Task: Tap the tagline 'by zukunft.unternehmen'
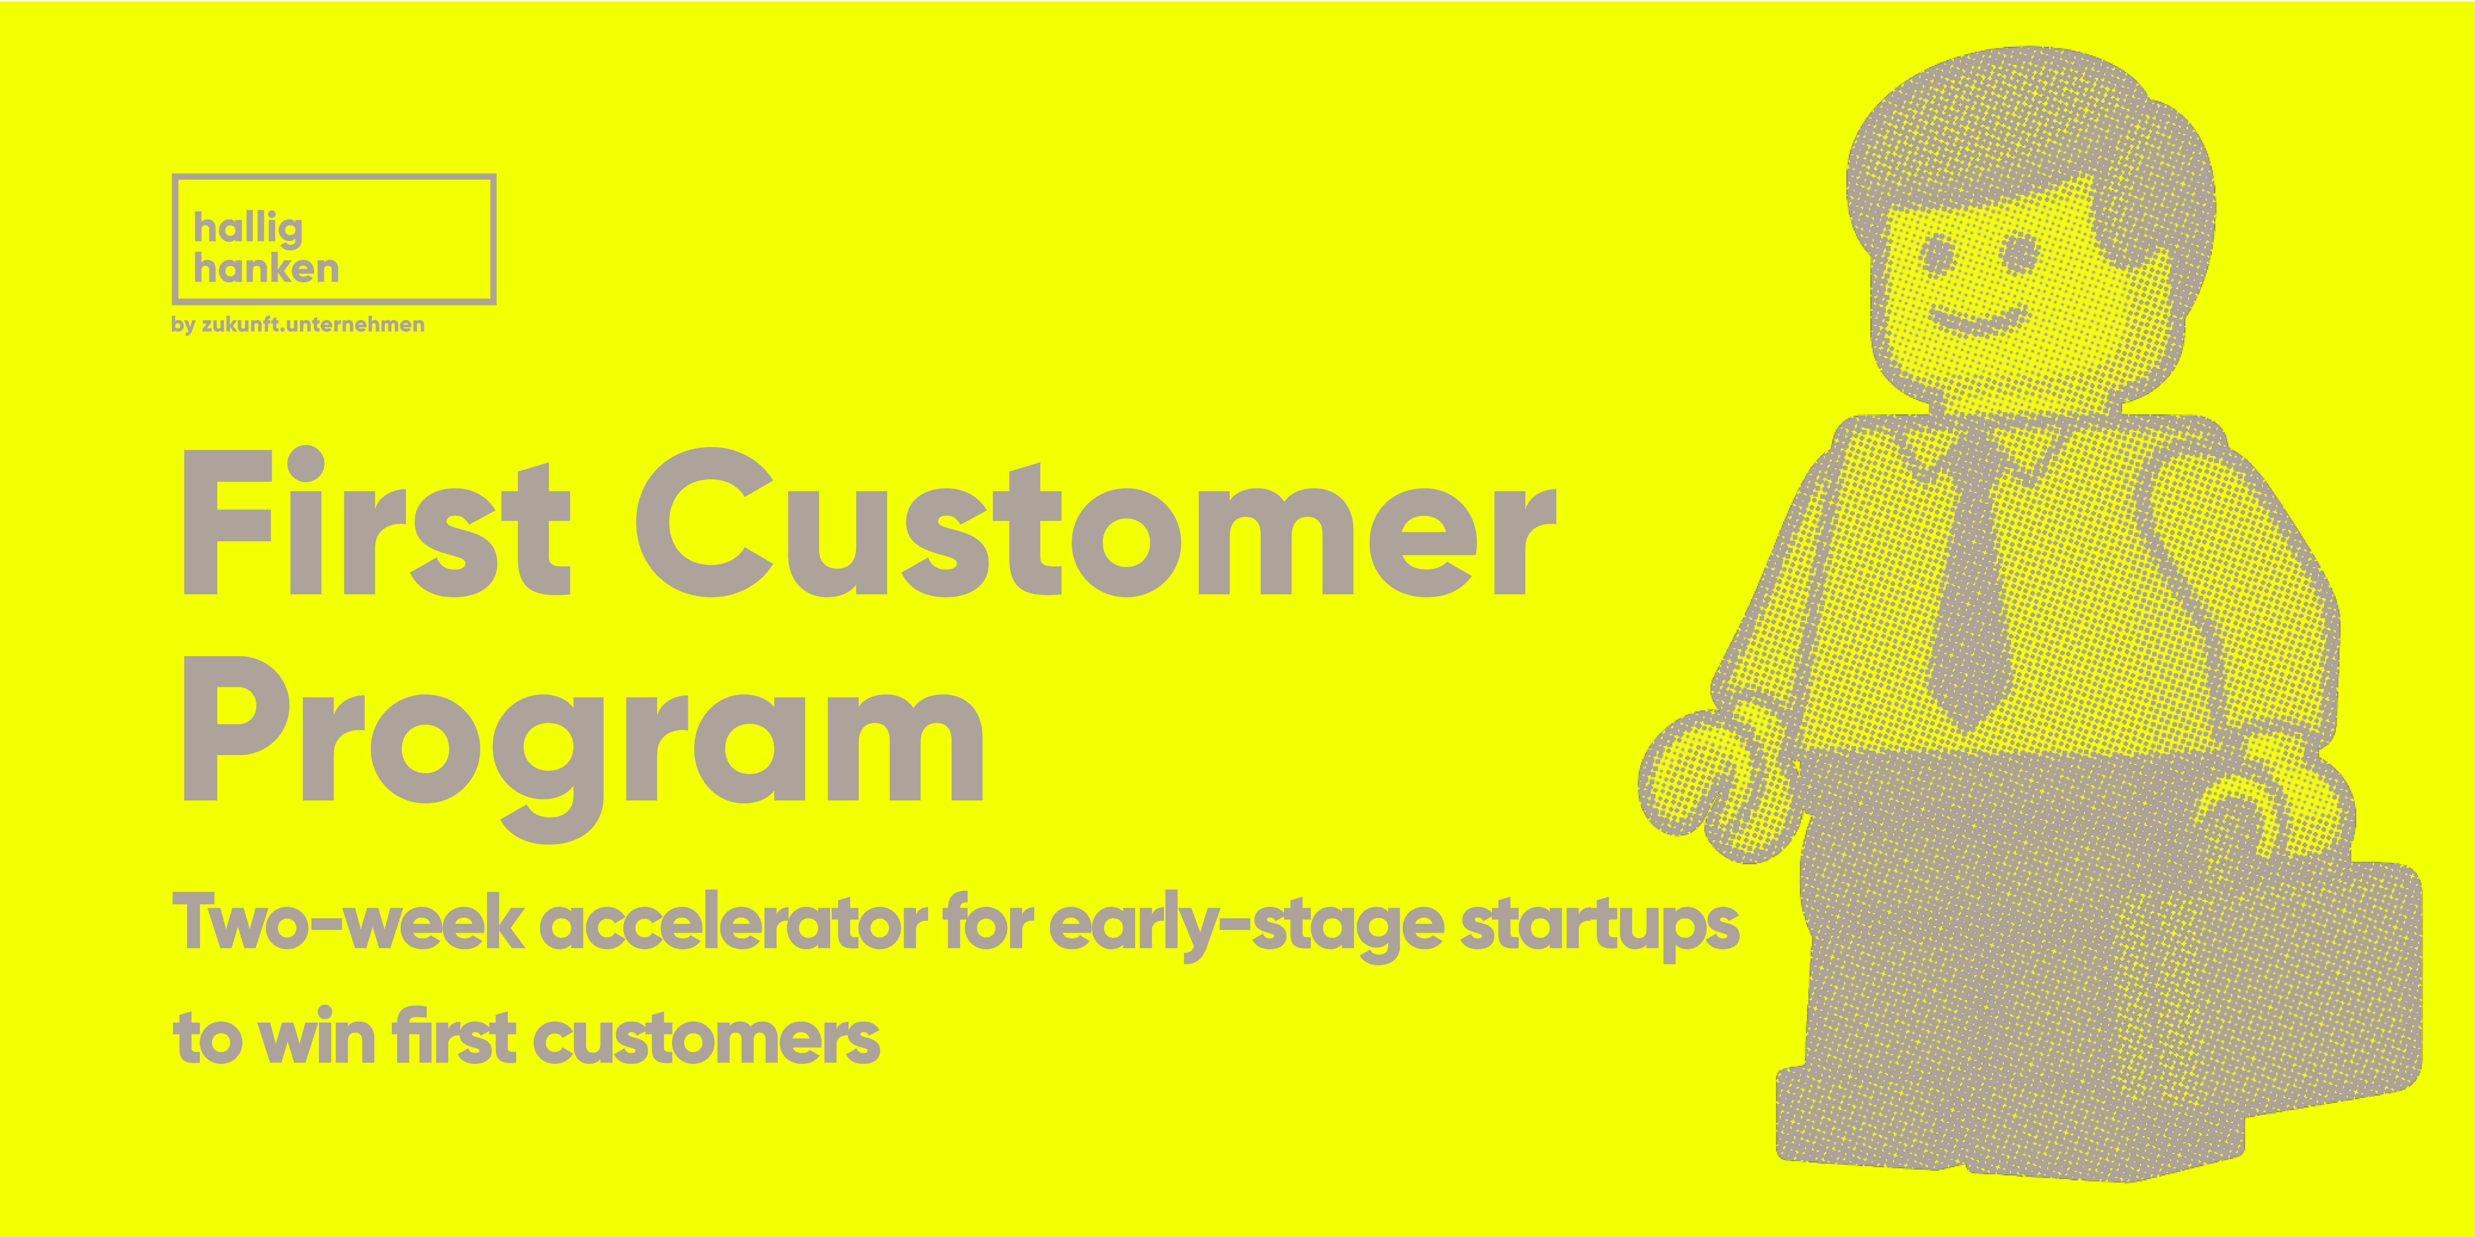click(x=298, y=325)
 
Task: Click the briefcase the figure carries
click(x=2104, y=999)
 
